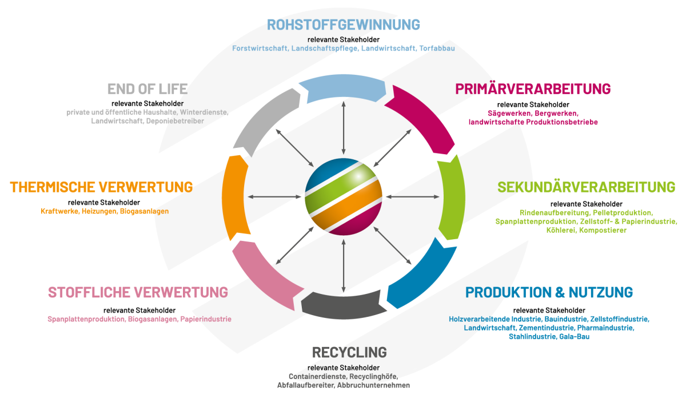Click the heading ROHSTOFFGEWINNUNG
click(343, 25)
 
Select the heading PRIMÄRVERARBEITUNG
click(533, 89)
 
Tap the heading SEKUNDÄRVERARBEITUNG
click(586, 187)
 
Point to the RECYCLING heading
click(349, 352)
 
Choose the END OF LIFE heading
click(147, 89)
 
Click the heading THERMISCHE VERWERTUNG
click(101, 187)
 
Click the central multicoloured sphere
click(343, 197)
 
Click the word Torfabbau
click(437, 49)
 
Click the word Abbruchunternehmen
click(374, 385)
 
